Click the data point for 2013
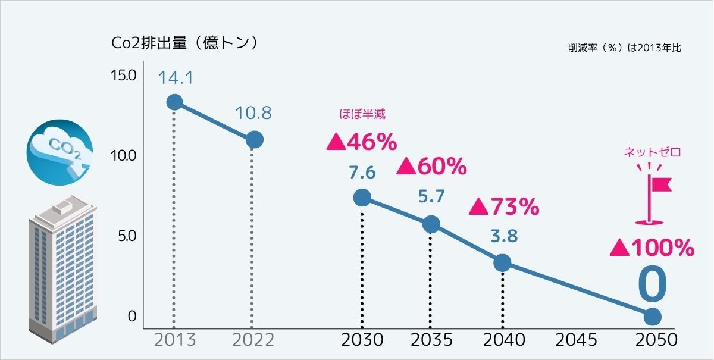point(174,102)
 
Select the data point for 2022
point(254,140)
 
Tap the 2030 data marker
point(362,198)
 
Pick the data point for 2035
point(431,224)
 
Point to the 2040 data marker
point(502,262)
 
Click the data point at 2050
point(652,316)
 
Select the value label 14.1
point(175,78)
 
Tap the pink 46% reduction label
point(362,142)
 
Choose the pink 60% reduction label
point(432,167)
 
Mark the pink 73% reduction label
point(504,207)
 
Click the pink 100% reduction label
point(652,248)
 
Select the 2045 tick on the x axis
point(576,340)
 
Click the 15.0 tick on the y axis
point(124,76)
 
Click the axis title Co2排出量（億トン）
point(184,43)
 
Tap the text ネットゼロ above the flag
point(652,152)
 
